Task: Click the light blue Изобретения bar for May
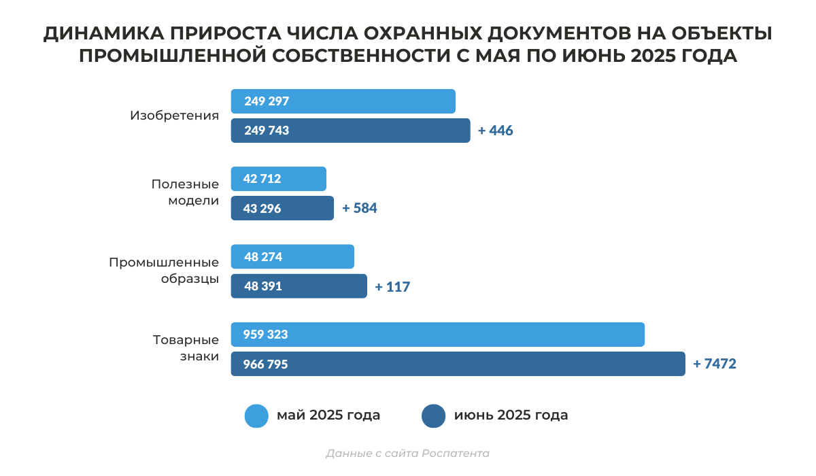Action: pyautogui.click(x=343, y=101)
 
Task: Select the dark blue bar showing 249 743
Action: pyautogui.click(x=350, y=131)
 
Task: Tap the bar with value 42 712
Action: pyautogui.click(x=279, y=179)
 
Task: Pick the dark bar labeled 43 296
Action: pyautogui.click(x=282, y=208)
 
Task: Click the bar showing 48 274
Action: pyautogui.click(x=292, y=256)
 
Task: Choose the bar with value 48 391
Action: pyautogui.click(x=299, y=286)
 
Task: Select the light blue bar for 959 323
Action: pyautogui.click(x=437, y=334)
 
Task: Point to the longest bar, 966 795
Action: pyautogui.click(x=458, y=364)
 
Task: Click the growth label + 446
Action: pyautogui.click(x=495, y=131)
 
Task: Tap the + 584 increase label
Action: pyautogui.click(x=359, y=208)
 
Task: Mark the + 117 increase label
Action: pyautogui.click(x=392, y=287)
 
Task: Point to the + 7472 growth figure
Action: pyautogui.click(x=714, y=364)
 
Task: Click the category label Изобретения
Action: pyautogui.click(x=174, y=116)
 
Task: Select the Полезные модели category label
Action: pyautogui.click(x=185, y=192)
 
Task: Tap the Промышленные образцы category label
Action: pyautogui.click(x=164, y=270)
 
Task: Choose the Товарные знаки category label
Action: pyautogui.click(x=186, y=347)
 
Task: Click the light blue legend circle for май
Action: pyautogui.click(x=256, y=415)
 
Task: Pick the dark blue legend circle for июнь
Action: pyautogui.click(x=434, y=415)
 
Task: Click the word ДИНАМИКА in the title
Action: pyautogui.click(x=101, y=34)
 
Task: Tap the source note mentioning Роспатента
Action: pyautogui.click(x=407, y=454)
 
